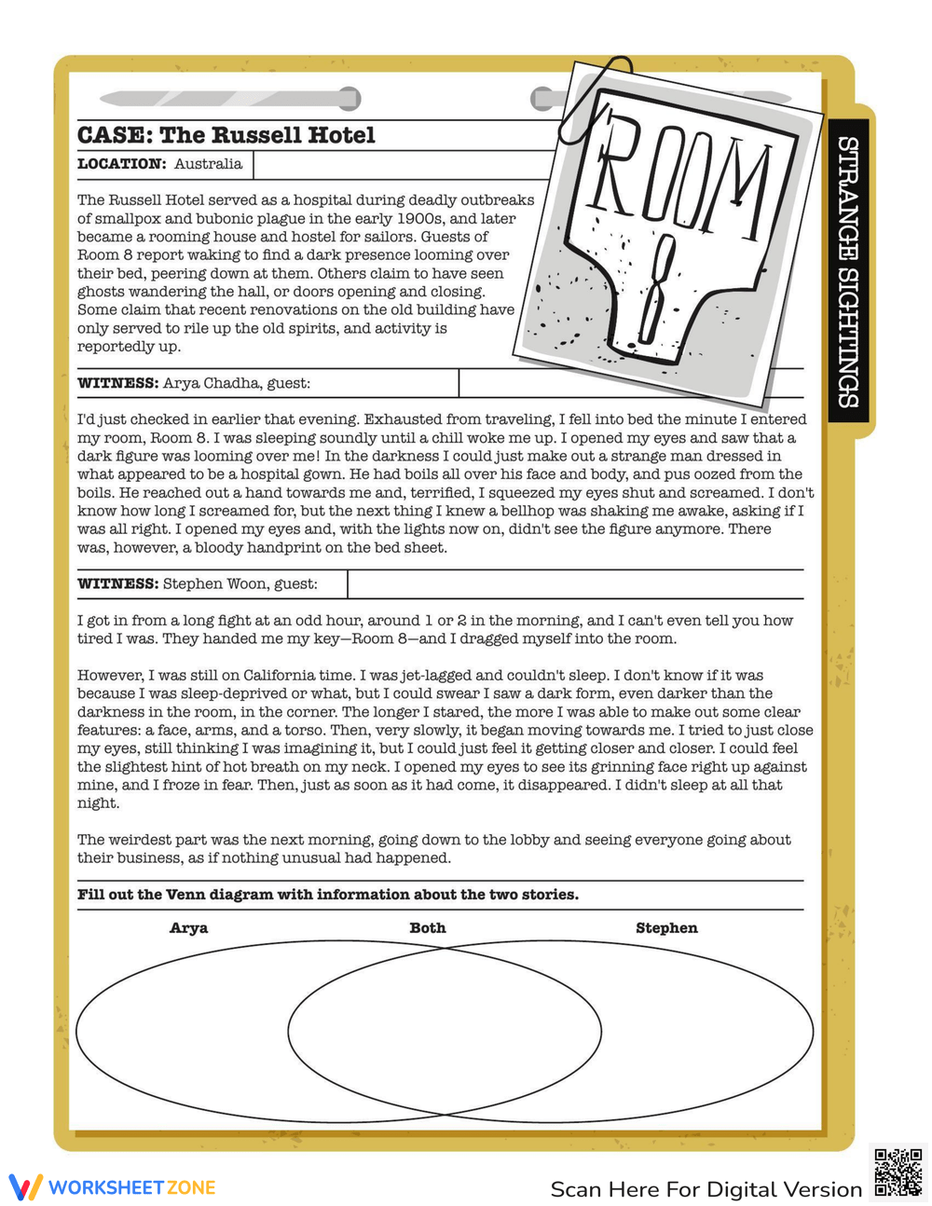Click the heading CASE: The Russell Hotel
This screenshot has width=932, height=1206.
(x=226, y=136)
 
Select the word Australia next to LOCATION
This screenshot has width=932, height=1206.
(x=208, y=164)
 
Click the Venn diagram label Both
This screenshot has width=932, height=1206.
(x=428, y=928)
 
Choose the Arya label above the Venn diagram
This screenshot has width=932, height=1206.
(x=188, y=928)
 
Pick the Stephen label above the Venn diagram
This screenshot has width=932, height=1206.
(x=666, y=928)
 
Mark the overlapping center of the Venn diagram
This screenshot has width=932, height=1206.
(x=445, y=1032)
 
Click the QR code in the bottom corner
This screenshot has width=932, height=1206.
(x=898, y=1172)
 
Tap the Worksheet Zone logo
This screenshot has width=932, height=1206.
(x=113, y=1187)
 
